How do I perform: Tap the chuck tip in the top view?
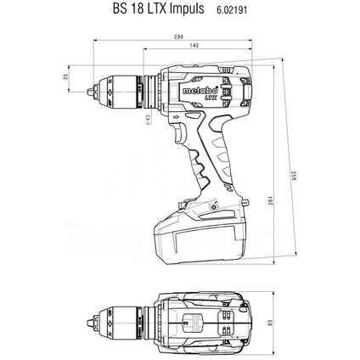coord(96,322)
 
